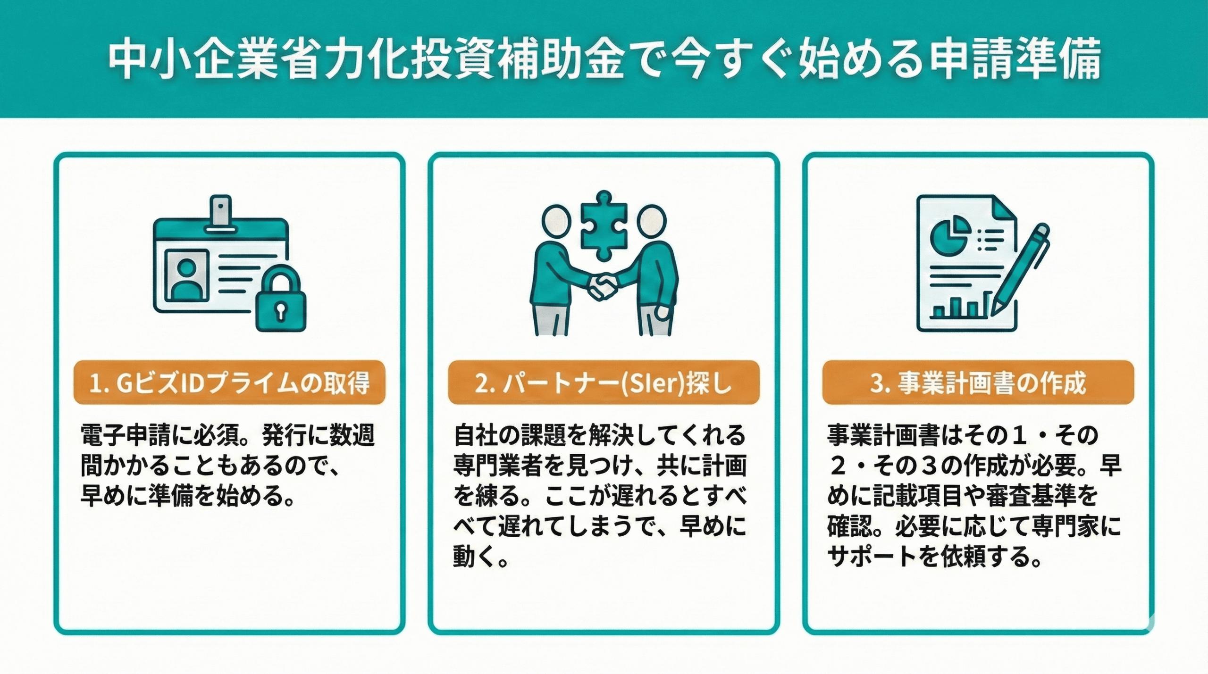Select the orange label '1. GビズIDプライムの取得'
pyautogui.click(x=229, y=383)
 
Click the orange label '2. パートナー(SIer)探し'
pyautogui.click(x=604, y=383)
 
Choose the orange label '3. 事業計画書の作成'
pyautogui.click(x=978, y=383)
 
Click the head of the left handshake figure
pyautogui.click(x=556, y=220)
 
